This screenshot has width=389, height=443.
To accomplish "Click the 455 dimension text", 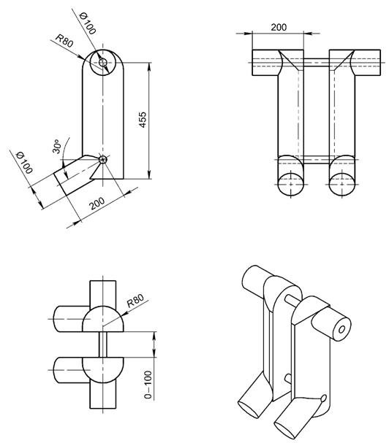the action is (x=143, y=120).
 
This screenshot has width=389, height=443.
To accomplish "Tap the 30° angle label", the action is (x=56, y=147).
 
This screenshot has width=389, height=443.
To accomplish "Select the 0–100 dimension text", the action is (x=148, y=385).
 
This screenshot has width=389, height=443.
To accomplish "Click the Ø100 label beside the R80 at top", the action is (x=88, y=23).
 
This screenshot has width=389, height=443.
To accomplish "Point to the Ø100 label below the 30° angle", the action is (x=25, y=163).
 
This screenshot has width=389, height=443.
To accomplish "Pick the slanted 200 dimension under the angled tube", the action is (x=97, y=203).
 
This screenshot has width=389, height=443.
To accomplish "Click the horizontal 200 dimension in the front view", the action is (x=279, y=27).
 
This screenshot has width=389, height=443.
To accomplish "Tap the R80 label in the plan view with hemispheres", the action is (x=135, y=301).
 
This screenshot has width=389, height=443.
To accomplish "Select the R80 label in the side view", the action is (x=64, y=41).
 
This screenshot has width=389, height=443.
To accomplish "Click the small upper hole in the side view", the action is (x=103, y=62).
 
